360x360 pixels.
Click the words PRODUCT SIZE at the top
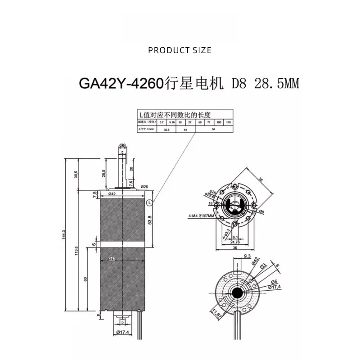(180, 50)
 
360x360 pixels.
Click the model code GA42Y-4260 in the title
(120, 84)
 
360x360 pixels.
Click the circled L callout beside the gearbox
(149, 202)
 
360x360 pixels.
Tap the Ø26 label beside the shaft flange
(144, 186)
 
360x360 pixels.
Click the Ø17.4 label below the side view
(122, 333)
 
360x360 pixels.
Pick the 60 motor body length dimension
(85, 279)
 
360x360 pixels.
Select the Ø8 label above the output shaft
(122, 145)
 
